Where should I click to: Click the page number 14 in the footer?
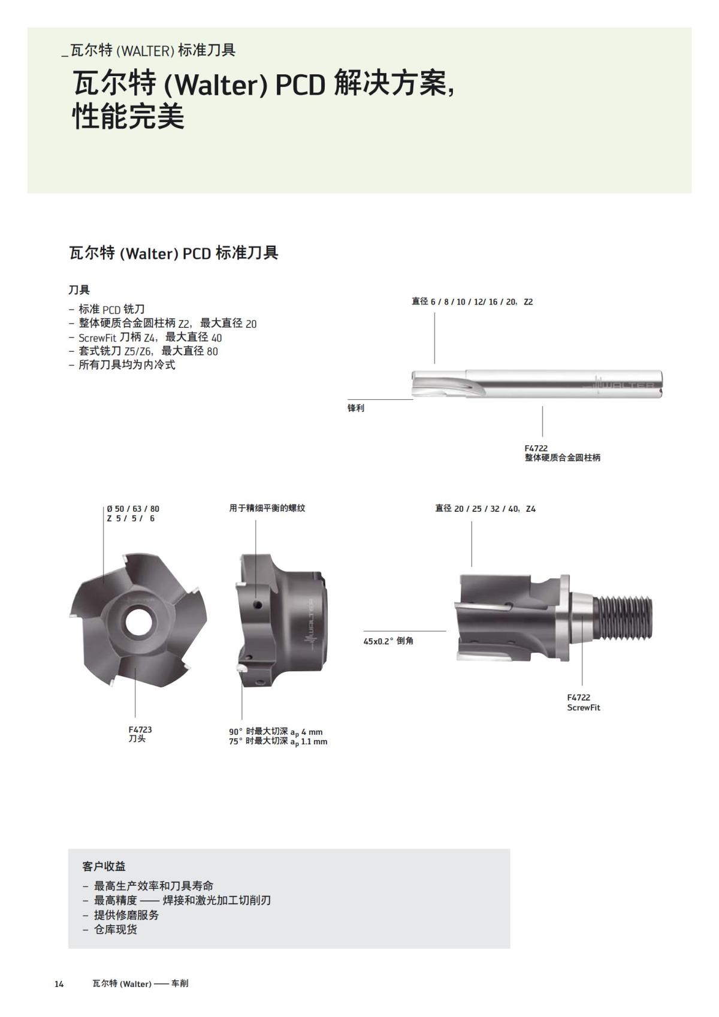(x=59, y=983)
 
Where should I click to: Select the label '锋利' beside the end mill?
(x=356, y=408)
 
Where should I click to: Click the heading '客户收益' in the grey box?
(x=104, y=866)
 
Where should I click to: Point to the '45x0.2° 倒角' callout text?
(x=388, y=641)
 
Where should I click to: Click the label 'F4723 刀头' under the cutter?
(x=140, y=734)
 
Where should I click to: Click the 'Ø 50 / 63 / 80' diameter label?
(x=133, y=509)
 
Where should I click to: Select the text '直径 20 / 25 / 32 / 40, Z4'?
(x=485, y=509)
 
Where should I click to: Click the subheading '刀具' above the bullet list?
(x=79, y=290)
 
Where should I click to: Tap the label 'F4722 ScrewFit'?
(x=583, y=702)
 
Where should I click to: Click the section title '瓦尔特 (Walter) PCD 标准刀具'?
(x=174, y=253)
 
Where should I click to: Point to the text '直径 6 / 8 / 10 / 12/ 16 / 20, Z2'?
(x=472, y=301)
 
